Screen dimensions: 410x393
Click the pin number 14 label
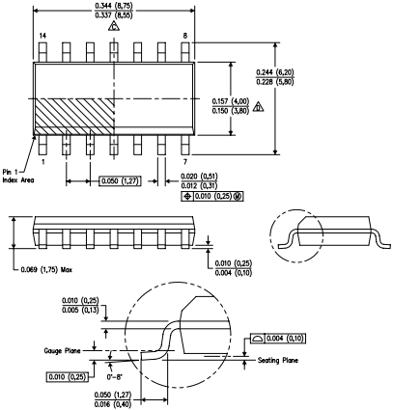click(42, 36)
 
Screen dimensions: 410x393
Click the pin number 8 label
click(184, 36)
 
